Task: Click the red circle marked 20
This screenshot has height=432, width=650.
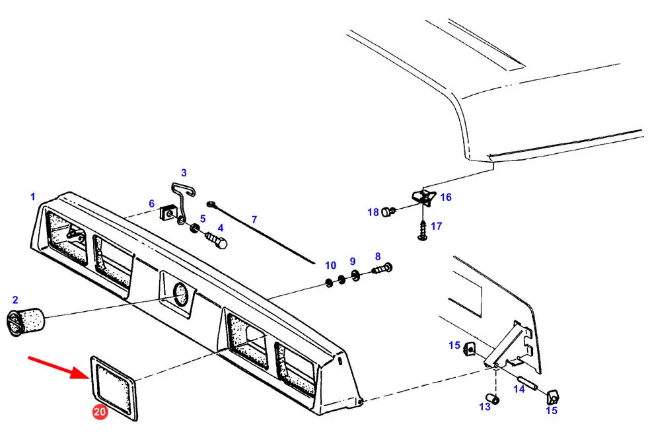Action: point(100,412)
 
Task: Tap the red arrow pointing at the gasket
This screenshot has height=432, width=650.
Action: point(59,367)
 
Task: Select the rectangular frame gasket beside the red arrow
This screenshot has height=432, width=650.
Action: point(114,388)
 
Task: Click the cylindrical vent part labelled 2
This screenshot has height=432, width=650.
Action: point(25,322)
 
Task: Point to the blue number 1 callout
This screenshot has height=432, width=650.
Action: point(33,197)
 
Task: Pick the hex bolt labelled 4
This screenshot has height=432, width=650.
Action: point(217,240)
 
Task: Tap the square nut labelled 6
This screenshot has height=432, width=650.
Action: point(167,213)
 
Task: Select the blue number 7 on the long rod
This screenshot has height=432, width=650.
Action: point(254,220)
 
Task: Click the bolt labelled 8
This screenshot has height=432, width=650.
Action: point(382,269)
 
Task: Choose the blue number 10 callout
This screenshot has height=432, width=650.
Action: point(330,266)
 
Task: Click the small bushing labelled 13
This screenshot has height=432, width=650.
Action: point(493,399)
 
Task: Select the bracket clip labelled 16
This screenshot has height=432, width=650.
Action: point(423,197)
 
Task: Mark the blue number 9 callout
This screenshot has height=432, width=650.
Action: point(353,261)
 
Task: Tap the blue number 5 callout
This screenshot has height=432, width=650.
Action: point(203,219)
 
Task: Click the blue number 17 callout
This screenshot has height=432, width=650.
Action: point(437,226)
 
